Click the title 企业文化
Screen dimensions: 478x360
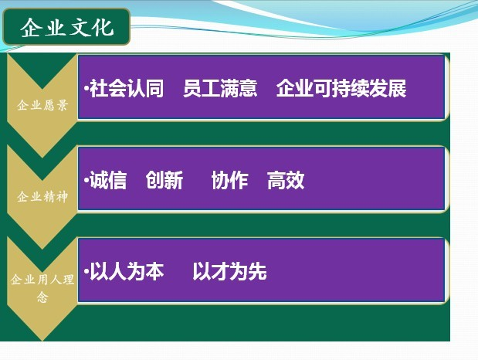pos(67,28)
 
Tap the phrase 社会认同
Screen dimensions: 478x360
pos(127,89)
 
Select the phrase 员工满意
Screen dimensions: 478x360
pos(220,89)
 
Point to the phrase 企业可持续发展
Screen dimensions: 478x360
pos(341,89)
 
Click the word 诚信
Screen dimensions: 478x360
pos(108,180)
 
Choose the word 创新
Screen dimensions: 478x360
pos(164,180)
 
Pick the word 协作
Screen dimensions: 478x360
pos(229,180)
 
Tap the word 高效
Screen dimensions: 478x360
pos(286,180)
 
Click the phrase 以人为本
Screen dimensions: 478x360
pos(127,271)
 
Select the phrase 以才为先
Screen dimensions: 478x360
pos(229,271)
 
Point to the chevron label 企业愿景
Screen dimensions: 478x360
pos(42,105)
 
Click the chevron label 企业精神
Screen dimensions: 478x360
pos(42,197)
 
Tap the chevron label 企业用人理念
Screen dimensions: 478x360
pos(42,287)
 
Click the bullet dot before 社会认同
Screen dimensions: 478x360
pos(86,89)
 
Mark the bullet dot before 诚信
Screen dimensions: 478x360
pos(86,180)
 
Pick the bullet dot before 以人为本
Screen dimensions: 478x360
pos(86,271)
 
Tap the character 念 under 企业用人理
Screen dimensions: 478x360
pos(42,297)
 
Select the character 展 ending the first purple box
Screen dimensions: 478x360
pos(397,89)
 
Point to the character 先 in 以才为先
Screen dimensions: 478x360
pos(258,271)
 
